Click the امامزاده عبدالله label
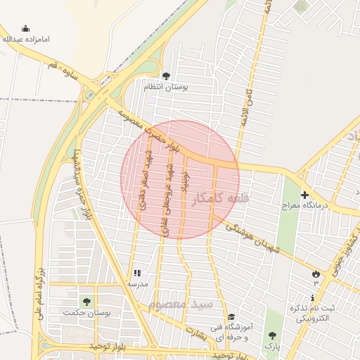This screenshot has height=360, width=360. tap(26, 40)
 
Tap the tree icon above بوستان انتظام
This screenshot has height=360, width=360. tap(166, 75)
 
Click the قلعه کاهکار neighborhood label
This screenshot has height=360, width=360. tap(220, 199)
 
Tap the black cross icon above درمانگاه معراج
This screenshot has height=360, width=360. tap(304, 195)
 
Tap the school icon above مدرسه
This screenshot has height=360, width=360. tap(136, 273)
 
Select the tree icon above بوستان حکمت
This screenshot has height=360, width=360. tap(86, 301)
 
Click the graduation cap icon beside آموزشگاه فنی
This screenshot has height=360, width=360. tap(231, 316)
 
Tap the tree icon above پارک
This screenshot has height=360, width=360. tap(271, 335)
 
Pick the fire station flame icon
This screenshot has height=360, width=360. tap(315, 273)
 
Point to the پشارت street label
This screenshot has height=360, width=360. tap(198, 330)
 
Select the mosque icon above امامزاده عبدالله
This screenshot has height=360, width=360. tap(26, 29)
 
